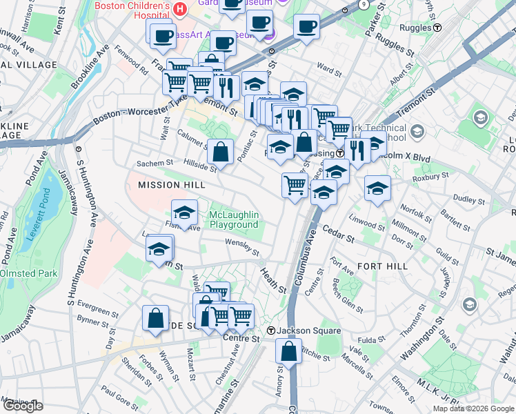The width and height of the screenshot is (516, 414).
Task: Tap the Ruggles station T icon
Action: pyautogui.click(x=437, y=28)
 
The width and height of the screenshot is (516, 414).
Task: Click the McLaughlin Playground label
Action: pyautogui.click(x=233, y=219)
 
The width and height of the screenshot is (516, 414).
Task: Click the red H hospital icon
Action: pyautogui.click(x=180, y=9)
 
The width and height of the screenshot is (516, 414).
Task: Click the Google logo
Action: pyautogui.click(x=22, y=406)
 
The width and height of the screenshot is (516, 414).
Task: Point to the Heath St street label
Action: pyautogui.click(x=272, y=281)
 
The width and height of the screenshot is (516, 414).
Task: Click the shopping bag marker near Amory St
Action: pyautogui.click(x=289, y=351)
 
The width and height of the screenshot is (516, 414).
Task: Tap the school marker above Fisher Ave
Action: pyautogui.click(x=185, y=213)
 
